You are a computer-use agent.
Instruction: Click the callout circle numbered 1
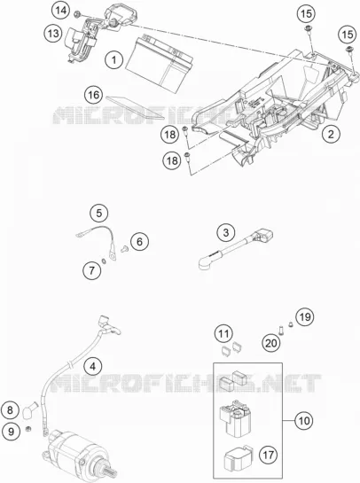pyautogui.click(x=113, y=59)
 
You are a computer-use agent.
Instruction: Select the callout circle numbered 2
pyautogui.click(x=331, y=134)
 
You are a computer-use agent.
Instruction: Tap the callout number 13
pyautogui.click(x=53, y=33)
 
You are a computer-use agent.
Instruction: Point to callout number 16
pyautogui.click(x=94, y=95)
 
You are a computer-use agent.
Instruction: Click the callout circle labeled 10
pyautogui.click(x=304, y=420)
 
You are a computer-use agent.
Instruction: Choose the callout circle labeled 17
pyautogui.click(x=268, y=455)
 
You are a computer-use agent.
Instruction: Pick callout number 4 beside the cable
pyautogui.click(x=92, y=367)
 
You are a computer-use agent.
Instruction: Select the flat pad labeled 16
pyautogui.click(x=135, y=108)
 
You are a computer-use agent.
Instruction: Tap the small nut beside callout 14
pyautogui.click(x=78, y=14)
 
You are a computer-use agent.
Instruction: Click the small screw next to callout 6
pyautogui.click(x=125, y=248)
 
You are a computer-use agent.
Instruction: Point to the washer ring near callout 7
pyautogui.click(x=104, y=261)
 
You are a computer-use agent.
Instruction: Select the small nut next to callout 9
pyautogui.click(x=27, y=428)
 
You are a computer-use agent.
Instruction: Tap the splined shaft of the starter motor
pyautogui.click(x=110, y=473)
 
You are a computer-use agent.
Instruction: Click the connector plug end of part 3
pyautogui.click(x=263, y=238)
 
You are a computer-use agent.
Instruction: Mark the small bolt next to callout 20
pyautogui.click(x=281, y=331)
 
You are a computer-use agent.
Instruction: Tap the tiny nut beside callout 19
pyautogui.click(x=290, y=323)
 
